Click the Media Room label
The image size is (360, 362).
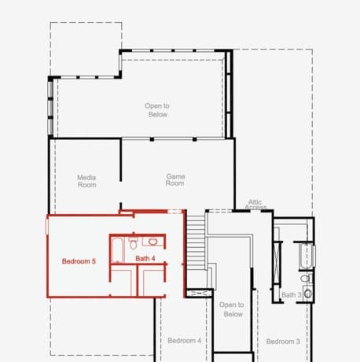click(x=86, y=181)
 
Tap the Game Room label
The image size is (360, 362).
click(x=175, y=179)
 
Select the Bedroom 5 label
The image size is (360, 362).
click(x=79, y=261)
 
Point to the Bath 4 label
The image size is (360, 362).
click(x=145, y=259)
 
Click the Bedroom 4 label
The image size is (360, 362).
click(x=185, y=341)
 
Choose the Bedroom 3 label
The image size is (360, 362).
click(x=283, y=342)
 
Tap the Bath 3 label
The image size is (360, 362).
click(x=292, y=295)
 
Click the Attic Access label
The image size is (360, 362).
click(x=255, y=205)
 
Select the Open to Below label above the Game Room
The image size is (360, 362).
click(x=157, y=110)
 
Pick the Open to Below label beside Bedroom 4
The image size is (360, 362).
click(x=232, y=309)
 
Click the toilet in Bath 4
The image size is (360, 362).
click(x=134, y=243)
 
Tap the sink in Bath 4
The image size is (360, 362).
click(x=152, y=242)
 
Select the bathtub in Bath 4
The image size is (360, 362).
click(x=117, y=250)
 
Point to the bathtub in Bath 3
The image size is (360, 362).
click(x=307, y=256)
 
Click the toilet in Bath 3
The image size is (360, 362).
click(x=306, y=278)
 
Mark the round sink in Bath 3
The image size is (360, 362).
click(x=308, y=294)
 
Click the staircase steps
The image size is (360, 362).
click(x=197, y=243)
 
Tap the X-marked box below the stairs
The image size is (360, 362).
click(x=199, y=293)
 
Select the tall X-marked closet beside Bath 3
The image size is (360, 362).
click(x=277, y=262)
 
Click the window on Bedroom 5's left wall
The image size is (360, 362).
click(x=47, y=227)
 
